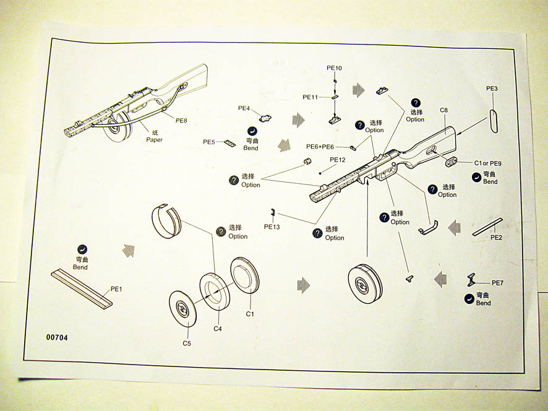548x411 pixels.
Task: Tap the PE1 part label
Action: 117,289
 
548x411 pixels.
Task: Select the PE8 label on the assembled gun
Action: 181,120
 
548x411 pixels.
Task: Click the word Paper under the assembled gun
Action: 154,140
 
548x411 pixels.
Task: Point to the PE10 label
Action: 334,67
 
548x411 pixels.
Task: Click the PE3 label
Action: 492,89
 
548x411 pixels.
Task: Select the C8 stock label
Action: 443,110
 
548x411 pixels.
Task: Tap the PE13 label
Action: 272,227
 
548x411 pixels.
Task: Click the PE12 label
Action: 337,160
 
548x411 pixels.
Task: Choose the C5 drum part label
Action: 186,344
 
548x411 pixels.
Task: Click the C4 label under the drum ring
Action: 218,329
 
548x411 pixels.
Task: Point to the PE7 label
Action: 498,283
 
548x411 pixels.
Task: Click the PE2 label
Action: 496,237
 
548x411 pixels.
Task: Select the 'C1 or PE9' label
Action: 487,163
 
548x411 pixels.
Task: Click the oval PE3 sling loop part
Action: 493,118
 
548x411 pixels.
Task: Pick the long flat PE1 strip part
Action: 82,288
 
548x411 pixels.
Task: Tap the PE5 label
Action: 209,142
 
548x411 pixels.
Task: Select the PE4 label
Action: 244,108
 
